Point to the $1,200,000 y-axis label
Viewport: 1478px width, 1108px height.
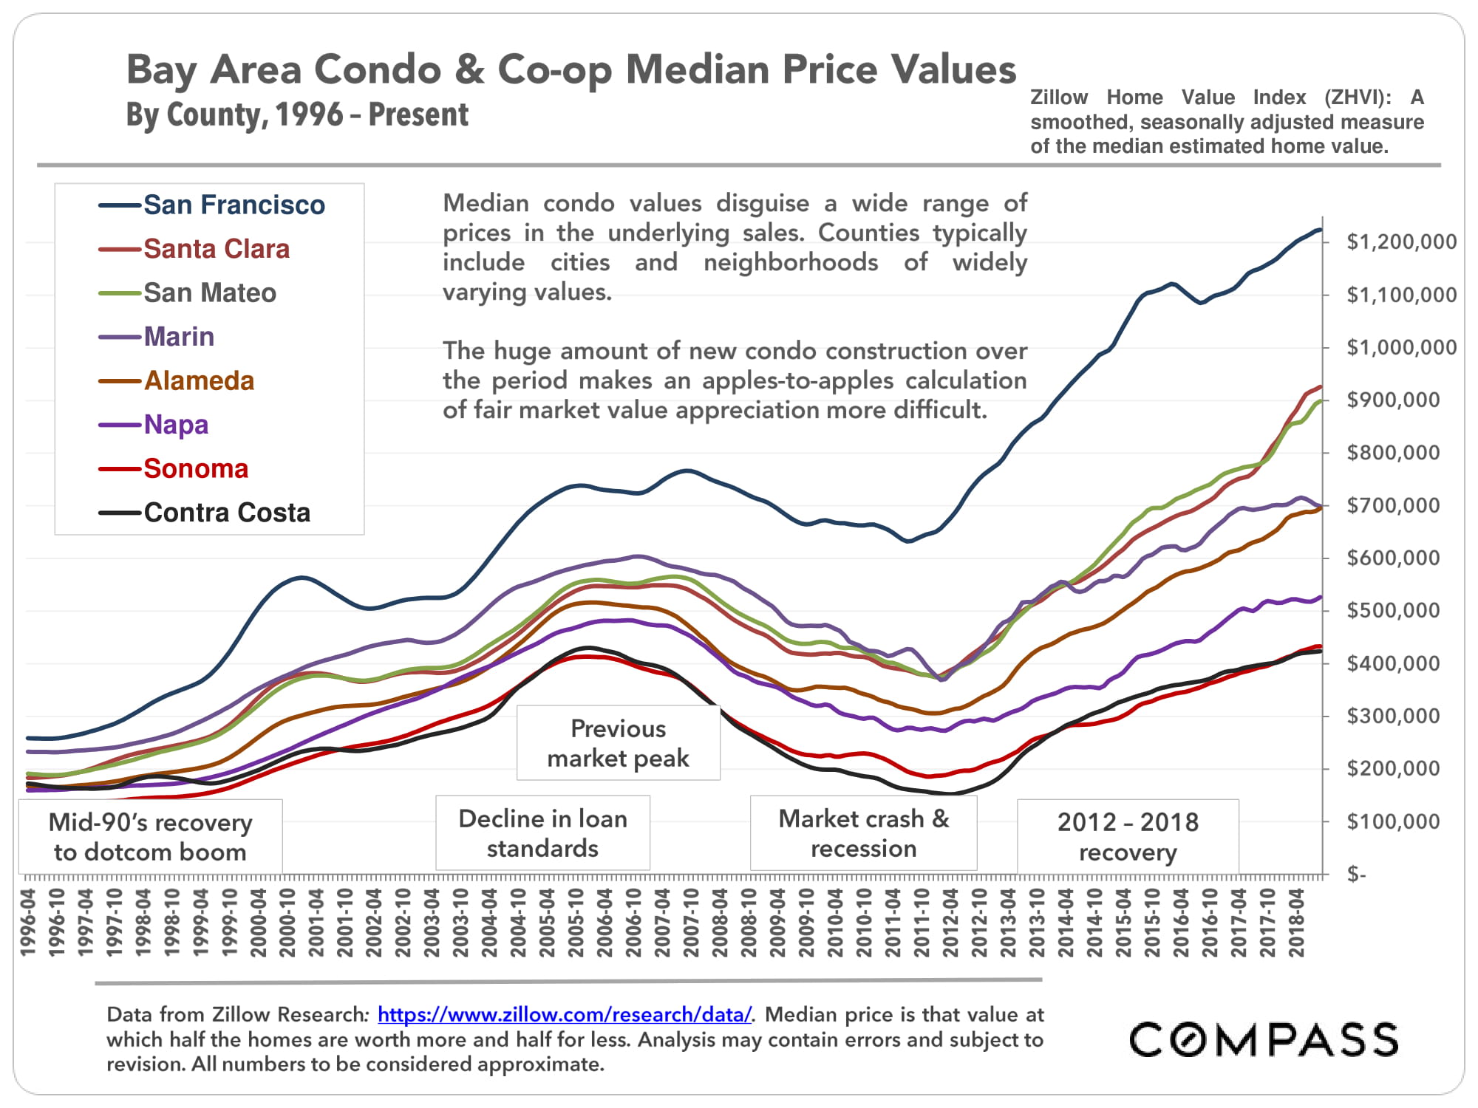point(1401,242)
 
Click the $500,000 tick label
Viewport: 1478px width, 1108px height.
point(1393,610)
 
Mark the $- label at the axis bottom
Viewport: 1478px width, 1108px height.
point(1357,875)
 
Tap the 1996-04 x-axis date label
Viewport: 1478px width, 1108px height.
point(29,923)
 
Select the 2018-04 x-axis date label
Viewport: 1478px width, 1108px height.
point(1296,923)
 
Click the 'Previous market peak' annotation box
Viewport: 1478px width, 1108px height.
point(618,743)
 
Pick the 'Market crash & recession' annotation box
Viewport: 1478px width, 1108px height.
point(863,834)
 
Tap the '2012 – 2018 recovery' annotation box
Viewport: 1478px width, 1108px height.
point(1128,837)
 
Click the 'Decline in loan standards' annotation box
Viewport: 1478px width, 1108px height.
point(542,833)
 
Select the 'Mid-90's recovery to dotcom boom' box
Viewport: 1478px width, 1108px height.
point(150,837)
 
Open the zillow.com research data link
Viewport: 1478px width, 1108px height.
point(565,1014)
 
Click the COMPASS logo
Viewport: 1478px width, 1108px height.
point(1264,1039)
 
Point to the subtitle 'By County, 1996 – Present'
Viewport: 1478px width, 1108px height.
point(297,115)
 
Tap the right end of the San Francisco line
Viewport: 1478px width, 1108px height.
point(1320,230)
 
